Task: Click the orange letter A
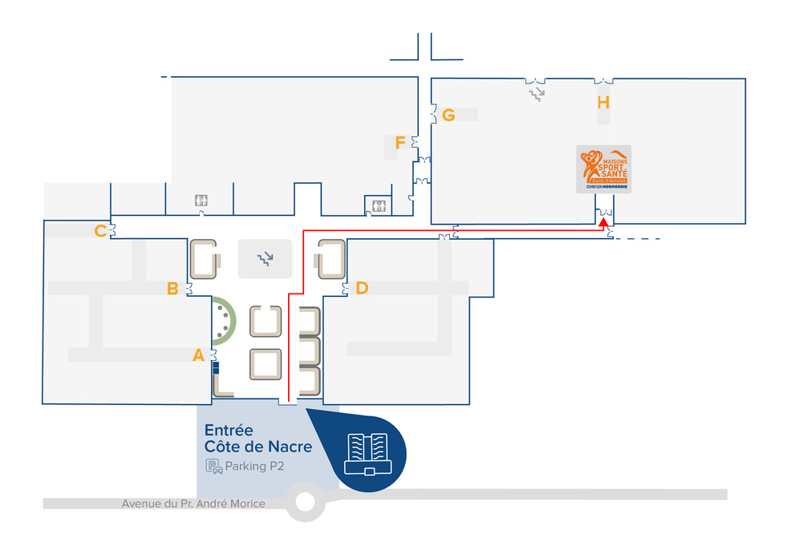point(199,355)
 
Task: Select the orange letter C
point(100,232)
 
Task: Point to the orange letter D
point(362,288)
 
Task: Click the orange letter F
point(400,143)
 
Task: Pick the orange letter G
point(448,115)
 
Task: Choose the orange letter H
point(603,102)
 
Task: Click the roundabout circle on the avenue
point(305,503)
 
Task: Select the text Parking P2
point(255,466)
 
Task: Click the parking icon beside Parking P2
point(213,466)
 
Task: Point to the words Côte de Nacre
point(258,447)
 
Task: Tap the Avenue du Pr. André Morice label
point(193,504)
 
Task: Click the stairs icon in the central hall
point(265,258)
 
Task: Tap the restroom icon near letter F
point(377,205)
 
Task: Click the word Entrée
point(229,430)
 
